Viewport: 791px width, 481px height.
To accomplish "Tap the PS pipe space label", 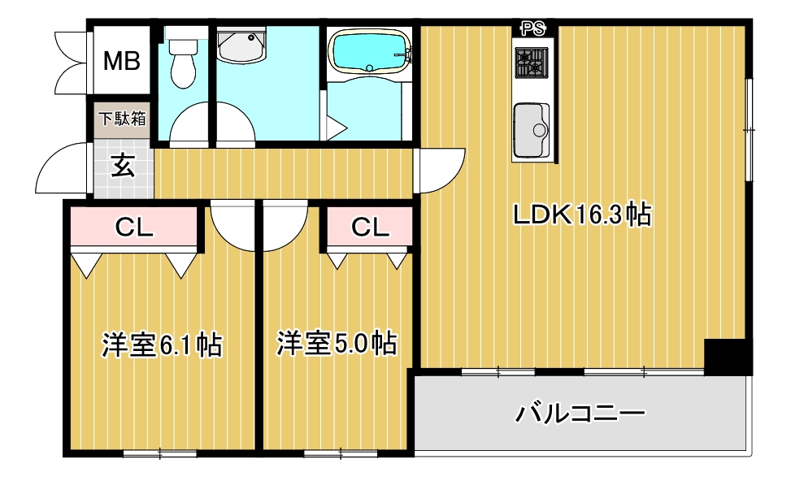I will tap(533, 29).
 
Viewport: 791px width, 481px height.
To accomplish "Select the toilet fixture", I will tap(184, 62).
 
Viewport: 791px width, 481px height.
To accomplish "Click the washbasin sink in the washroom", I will tap(243, 47).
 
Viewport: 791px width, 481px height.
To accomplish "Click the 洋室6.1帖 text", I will tap(162, 344).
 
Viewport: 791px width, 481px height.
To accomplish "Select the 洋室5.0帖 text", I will tap(337, 343).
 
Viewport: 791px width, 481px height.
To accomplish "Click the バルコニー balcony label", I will tap(580, 414).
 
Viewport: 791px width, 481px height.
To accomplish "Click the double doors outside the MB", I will tap(72, 62).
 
